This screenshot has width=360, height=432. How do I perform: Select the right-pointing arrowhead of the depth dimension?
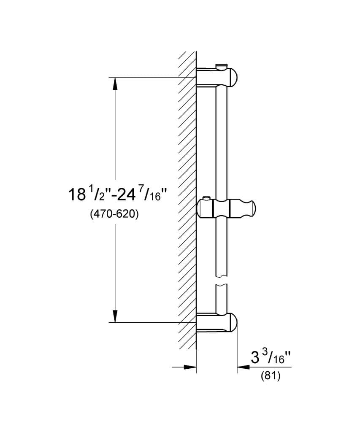tap(190, 367)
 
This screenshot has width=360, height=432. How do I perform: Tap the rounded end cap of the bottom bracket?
tap(233, 323)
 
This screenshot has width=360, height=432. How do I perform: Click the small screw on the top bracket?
tap(219, 65)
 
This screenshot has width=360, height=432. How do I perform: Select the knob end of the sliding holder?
tap(249, 208)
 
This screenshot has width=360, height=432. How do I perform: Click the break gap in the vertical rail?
tap(222, 281)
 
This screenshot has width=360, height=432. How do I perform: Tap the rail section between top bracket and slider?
tap(222, 139)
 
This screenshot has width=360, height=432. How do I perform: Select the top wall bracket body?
tap(211, 76)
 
